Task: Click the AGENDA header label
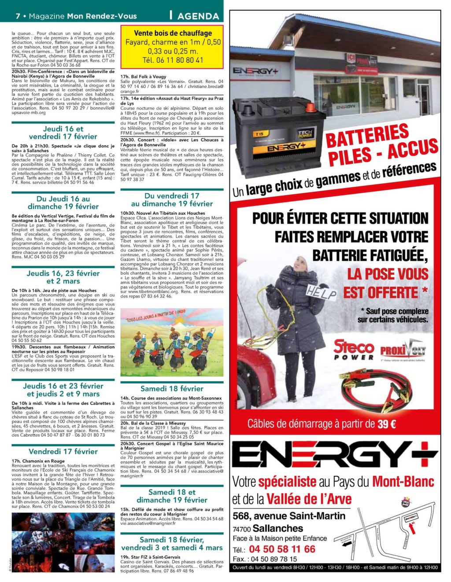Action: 198,16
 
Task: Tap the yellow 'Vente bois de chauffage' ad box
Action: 172,46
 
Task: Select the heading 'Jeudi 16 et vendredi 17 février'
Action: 63,133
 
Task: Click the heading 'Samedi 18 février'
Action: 172,389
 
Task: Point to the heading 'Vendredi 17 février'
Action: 63,451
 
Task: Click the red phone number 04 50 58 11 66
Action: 282,549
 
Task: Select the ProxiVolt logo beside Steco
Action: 403,351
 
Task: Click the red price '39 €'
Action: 386,424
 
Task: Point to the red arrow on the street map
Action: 413,527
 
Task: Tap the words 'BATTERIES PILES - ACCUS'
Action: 381,144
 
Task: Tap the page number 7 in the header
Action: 18,16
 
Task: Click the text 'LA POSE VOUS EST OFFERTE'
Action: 386,283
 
